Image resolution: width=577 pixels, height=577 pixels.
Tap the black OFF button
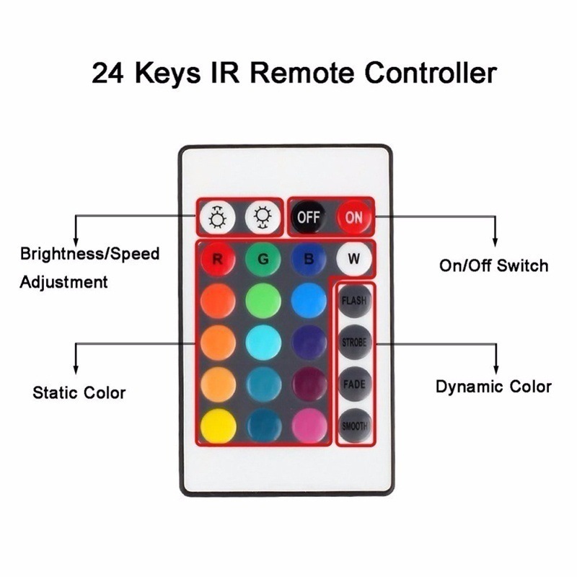click(309, 217)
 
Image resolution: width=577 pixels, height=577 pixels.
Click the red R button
click(218, 259)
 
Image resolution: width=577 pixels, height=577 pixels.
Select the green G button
click(263, 259)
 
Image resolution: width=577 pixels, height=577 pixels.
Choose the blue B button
click(309, 259)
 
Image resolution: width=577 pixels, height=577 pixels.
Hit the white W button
click(354, 259)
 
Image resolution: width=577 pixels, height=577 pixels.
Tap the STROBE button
click(355, 342)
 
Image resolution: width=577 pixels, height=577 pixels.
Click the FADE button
click(355, 384)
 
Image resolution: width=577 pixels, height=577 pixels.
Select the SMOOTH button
click(355, 426)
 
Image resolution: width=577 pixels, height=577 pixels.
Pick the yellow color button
click(219, 426)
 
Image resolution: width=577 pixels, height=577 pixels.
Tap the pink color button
click(309, 426)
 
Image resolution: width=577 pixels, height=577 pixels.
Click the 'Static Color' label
click(79, 392)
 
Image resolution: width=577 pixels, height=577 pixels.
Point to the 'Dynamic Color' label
click(493, 387)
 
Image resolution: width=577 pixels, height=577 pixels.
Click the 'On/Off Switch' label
click(493, 265)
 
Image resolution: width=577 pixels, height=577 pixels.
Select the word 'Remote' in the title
click(302, 73)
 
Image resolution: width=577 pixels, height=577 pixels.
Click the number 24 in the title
click(107, 73)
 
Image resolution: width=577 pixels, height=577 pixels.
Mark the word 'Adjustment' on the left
click(63, 283)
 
